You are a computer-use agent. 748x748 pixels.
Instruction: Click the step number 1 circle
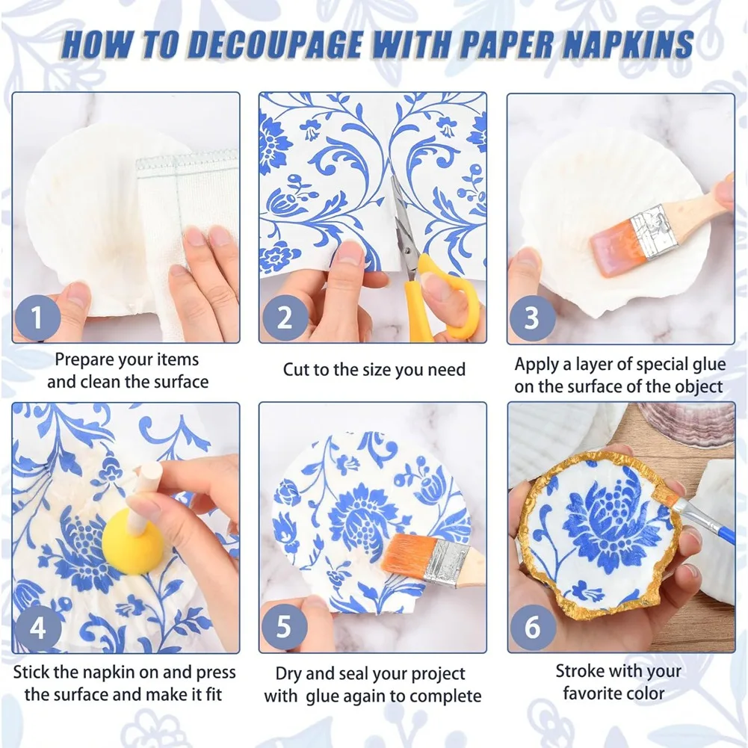click(x=37, y=319)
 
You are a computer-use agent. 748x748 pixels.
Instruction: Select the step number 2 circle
click(x=284, y=319)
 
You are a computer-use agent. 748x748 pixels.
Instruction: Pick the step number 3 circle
click(x=532, y=319)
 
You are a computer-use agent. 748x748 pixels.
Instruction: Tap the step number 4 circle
click(x=37, y=626)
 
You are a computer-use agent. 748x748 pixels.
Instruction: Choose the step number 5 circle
click(x=284, y=626)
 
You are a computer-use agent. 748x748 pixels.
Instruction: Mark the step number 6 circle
click(x=532, y=626)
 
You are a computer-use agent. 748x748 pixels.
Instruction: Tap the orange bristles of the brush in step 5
click(x=409, y=554)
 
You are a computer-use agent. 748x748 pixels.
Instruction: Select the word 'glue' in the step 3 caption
click(x=706, y=365)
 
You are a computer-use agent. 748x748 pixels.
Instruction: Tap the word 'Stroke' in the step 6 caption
click(x=580, y=671)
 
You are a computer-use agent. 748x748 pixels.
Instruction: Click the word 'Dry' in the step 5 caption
click(x=289, y=674)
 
